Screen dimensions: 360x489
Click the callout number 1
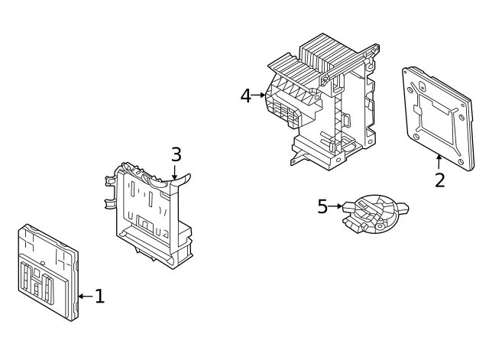coord(99,296)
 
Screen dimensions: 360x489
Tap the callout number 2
coord(439,180)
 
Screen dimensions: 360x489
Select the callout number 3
coord(176,154)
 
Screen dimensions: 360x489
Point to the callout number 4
coord(246,96)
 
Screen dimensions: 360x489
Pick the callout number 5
coord(322,206)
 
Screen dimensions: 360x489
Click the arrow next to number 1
coord(85,296)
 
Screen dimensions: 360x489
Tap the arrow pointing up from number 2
coord(439,161)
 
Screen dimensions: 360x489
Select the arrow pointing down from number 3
coord(175,173)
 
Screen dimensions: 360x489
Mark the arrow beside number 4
coord(260,96)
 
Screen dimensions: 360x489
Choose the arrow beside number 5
coord(336,206)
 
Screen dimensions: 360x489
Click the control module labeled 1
coord(47,271)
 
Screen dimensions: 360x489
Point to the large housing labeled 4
coord(325,103)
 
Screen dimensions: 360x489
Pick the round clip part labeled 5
coord(374,212)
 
